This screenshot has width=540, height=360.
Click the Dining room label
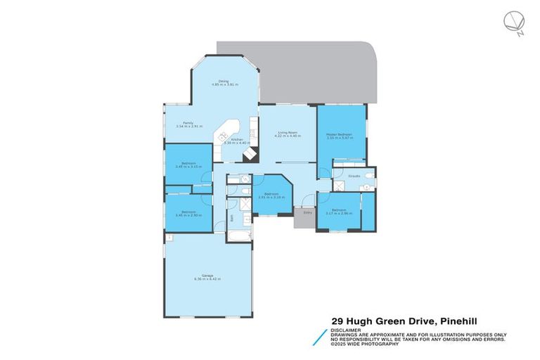(x=224, y=80)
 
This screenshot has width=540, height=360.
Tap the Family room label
(x=188, y=122)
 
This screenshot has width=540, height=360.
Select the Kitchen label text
(x=237, y=139)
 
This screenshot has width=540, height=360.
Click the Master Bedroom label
(x=339, y=134)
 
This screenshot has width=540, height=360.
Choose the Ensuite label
(x=355, y=175)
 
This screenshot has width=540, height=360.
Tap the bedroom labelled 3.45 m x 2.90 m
(x=188, y=213)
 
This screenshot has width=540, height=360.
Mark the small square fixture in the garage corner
(x=169, y=238)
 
